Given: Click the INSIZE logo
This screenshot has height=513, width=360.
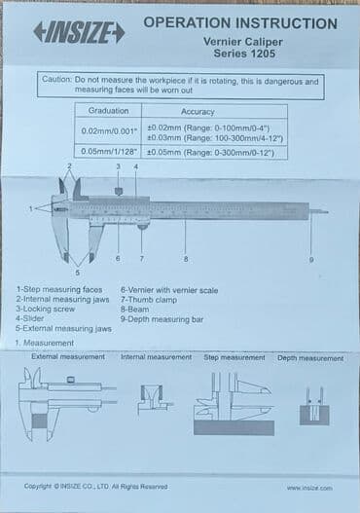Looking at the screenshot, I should [79, 32].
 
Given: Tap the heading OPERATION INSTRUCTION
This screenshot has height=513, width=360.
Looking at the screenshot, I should [240, 22].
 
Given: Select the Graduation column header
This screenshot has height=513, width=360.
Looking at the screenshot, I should [108, 111].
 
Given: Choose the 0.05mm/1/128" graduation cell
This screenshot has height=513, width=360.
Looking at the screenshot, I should [108, 152].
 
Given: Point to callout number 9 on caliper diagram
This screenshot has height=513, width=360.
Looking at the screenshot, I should [311, 259].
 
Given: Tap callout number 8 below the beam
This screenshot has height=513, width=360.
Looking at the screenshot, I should [186, 258].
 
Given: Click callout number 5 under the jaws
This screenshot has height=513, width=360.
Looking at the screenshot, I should [78, 272].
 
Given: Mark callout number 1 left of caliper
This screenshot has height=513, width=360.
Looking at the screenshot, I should [31, 208].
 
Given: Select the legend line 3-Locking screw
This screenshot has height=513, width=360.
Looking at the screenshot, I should [45, 309].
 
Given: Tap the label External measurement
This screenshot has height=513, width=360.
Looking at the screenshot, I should [68, 357].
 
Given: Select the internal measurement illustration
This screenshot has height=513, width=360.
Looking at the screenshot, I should [154, 399].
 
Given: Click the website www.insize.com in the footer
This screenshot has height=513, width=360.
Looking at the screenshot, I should [309, 488].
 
